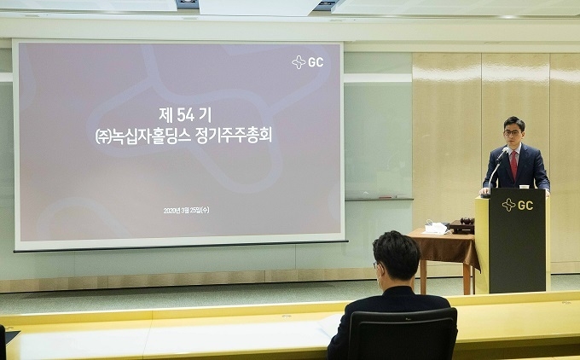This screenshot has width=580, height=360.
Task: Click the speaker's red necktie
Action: (x=513, y=165)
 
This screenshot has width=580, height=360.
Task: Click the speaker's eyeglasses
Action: (x=513, y=132)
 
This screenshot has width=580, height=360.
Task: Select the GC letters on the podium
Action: (x=525, y=205)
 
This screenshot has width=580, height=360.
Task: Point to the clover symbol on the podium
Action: (x=508, y=205)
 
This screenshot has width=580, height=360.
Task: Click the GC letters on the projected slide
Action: (x=316, y=62)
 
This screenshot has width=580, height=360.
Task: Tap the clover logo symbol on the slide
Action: (x=299, y=62)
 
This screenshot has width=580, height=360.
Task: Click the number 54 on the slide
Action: (x=185, y=115)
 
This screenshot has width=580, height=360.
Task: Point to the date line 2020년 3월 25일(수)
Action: (x=186, y=210)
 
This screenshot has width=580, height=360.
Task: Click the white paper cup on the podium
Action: (x=525, y=186)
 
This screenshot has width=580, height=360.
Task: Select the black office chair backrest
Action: (x=402, y=334)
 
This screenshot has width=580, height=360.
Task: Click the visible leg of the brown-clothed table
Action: (x=423, y=277)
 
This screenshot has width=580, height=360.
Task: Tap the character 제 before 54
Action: (x=166, y=115)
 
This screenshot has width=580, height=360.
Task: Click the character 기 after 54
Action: (x=205, y=115)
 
